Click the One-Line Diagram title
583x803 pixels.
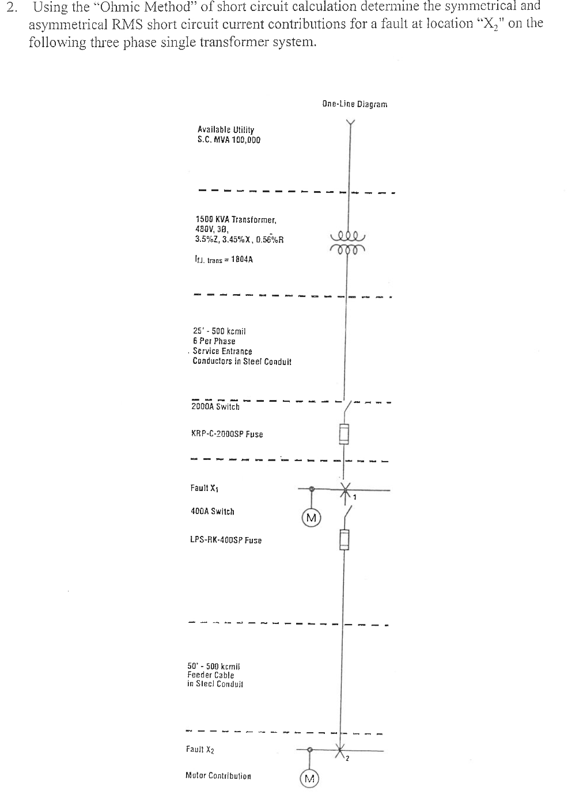pos(355,104)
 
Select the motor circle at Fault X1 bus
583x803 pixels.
pos(312,517)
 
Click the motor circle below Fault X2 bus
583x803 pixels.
pos(309,779)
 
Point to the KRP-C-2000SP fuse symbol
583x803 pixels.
pos(344,433)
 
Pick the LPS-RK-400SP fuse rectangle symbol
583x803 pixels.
pos(344,540)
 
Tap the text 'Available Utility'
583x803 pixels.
pos(225,130)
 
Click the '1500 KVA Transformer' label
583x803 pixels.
pos(236,219)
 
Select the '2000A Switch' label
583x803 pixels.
pos(215,406)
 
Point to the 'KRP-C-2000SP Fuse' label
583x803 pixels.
pos(226,434)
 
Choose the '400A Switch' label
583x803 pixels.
pos(212,511)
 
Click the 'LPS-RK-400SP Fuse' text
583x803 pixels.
pos(225,540)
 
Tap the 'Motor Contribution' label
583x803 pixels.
pos(218,776)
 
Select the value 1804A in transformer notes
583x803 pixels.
pos(241,260)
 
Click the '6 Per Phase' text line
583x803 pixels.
pos(214,341)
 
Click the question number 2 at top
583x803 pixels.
pos(12,7)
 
